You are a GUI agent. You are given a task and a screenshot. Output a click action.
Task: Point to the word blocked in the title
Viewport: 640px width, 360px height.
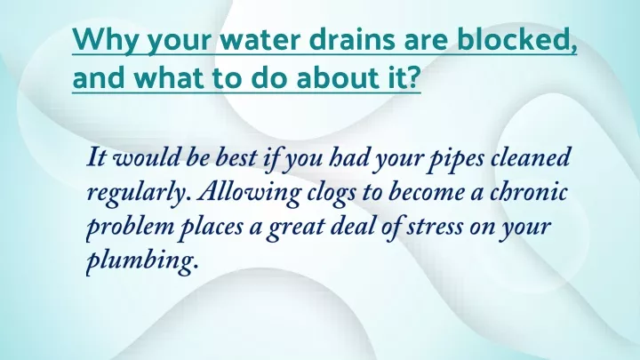coord(517,39)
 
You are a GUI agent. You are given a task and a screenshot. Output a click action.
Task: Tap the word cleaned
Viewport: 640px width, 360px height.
coord(530,157)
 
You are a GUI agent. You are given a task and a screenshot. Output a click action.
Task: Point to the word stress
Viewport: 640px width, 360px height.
coord(435,227)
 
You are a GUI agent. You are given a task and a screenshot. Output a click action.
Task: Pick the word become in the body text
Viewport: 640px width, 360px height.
coord(427,192)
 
